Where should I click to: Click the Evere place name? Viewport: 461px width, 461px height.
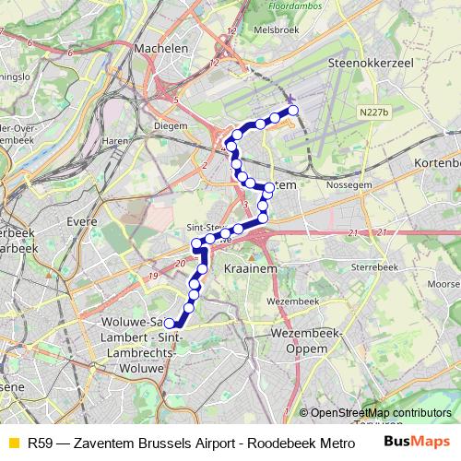(x=84, y=221)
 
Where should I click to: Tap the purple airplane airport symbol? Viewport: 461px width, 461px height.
(x=291, y=99)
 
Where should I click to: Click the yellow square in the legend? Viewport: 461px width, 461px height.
(x=12, y=442)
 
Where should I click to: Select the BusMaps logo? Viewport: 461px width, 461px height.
(x=417, y=442)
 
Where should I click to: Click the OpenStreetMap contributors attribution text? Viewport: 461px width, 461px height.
(x=381, y=412)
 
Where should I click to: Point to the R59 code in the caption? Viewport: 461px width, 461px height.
(x=40, y=442)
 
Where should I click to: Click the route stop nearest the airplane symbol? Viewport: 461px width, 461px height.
(x=294, y=111)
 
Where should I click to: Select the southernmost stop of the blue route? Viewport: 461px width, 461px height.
(x=169, y=323)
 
